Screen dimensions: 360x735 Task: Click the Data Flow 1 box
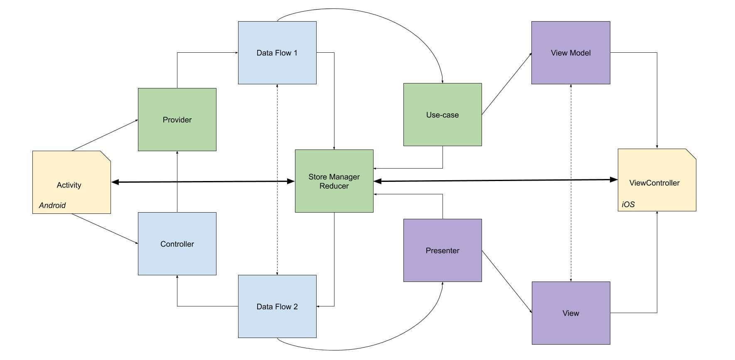(x=277, y=53)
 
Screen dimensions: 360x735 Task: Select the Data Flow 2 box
(x=277, y=306)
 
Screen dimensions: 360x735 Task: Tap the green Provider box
(x=177, y=120)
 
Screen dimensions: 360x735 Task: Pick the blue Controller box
(x=177, y=244)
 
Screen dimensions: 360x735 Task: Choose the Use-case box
(x=442, y=115)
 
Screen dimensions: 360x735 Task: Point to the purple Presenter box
(x=442, y=250)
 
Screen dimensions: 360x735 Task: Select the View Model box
(x=570, y=53)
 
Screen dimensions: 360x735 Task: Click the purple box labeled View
(x=570, y=313)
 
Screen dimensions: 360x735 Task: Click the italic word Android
(x=52, y=205)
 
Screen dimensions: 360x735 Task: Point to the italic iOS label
(x=628, y=204)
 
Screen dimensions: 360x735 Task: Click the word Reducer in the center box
(x=334, y=186)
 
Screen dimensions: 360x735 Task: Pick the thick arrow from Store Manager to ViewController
(x=494, y=181)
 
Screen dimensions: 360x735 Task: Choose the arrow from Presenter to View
(x=506, y=281)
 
